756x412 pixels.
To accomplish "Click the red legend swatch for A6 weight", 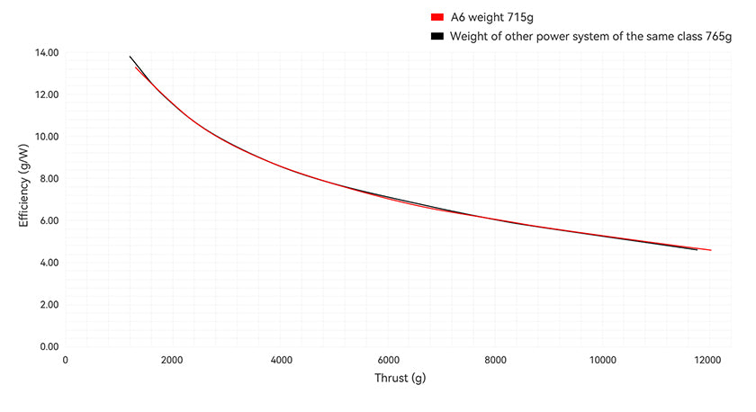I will (x=437, y=17).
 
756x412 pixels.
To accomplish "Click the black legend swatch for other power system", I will (x=437, y=37).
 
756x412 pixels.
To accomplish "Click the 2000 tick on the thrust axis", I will (x=172, y=361).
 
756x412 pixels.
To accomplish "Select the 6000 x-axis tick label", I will (x=387, y=361).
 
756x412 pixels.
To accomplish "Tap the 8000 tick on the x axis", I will (x=494, y=361).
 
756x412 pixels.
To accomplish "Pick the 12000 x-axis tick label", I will (x=709, y=361).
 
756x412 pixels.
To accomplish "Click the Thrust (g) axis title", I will (x=400, y=379).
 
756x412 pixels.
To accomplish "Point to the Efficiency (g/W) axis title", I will (x=25, y=186).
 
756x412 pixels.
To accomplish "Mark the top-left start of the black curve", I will (x=130, y=57).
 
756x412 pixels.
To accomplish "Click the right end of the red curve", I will (x=710, y=250).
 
